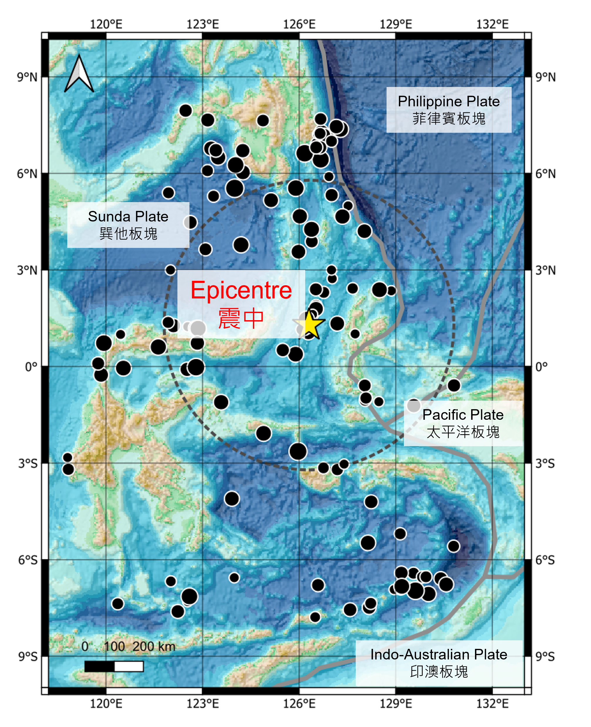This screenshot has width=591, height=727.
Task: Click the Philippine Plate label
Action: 449,110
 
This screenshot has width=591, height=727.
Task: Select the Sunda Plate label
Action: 128,225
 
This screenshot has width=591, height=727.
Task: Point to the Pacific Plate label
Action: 463,423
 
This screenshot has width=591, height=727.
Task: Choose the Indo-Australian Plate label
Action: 439,663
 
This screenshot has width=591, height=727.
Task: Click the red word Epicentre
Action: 241,290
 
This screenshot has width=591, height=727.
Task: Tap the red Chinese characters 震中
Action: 241,318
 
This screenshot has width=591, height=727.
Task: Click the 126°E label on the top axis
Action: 299,24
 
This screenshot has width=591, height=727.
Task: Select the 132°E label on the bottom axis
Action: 492,704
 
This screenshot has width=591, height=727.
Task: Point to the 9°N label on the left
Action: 27,77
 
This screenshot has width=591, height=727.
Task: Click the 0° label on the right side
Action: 542,367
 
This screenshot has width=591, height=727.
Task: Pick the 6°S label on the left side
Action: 27,560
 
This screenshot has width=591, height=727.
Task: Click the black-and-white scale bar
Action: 114,666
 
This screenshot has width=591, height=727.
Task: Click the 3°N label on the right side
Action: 545,271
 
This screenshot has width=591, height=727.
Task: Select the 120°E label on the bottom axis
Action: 106,704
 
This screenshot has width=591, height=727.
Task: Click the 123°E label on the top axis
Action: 203,24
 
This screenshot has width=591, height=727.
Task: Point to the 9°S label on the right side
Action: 545,657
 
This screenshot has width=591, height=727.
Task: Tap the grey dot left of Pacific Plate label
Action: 414,406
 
